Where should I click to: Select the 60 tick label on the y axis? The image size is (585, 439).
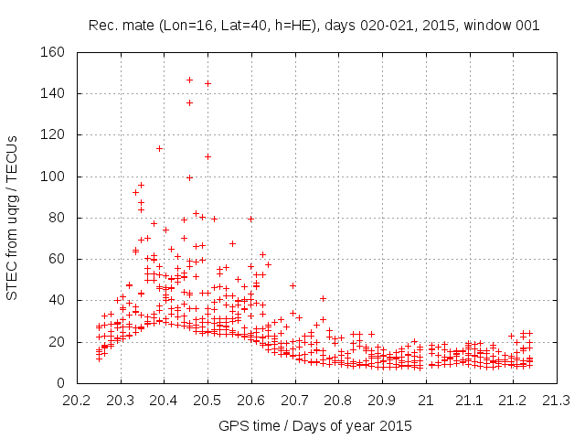point(56,259)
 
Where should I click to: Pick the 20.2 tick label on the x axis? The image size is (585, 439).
point(77,401)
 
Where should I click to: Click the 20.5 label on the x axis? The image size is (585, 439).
point(207,401)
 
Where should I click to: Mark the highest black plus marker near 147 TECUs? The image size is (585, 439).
point(189,80)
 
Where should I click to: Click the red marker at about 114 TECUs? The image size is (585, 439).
point(159,148)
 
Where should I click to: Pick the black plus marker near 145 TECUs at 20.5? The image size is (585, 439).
point(207,83)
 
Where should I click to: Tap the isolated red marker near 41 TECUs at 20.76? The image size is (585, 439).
point(323,298)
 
